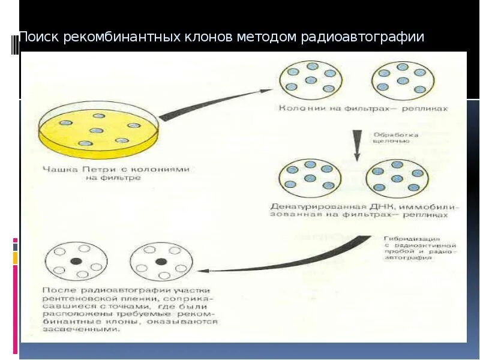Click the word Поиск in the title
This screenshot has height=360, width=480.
tap(37, 37)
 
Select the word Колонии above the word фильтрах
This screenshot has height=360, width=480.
tap(298, 109)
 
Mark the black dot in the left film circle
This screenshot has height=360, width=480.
tap(76, 261)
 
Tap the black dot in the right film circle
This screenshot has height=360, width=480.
tap(160, 261)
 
